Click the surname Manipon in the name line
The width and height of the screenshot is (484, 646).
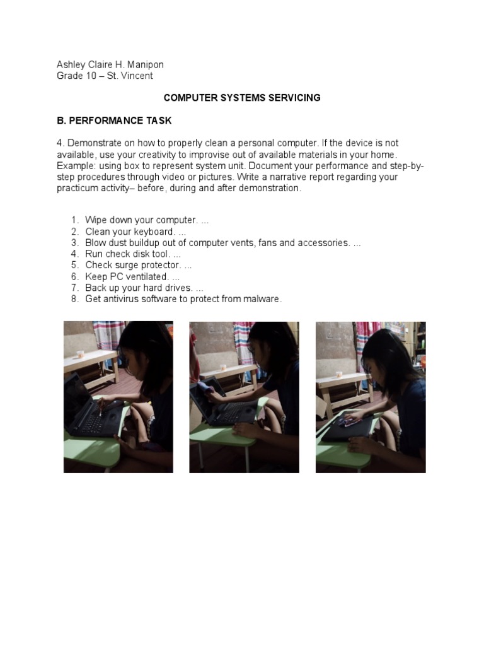point(146,65)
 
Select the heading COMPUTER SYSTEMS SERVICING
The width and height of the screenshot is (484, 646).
point(242,98)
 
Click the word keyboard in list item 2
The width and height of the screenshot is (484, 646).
point(154,232)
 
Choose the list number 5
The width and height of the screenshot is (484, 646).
point(74,265)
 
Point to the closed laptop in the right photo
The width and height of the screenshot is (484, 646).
point(347,428)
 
